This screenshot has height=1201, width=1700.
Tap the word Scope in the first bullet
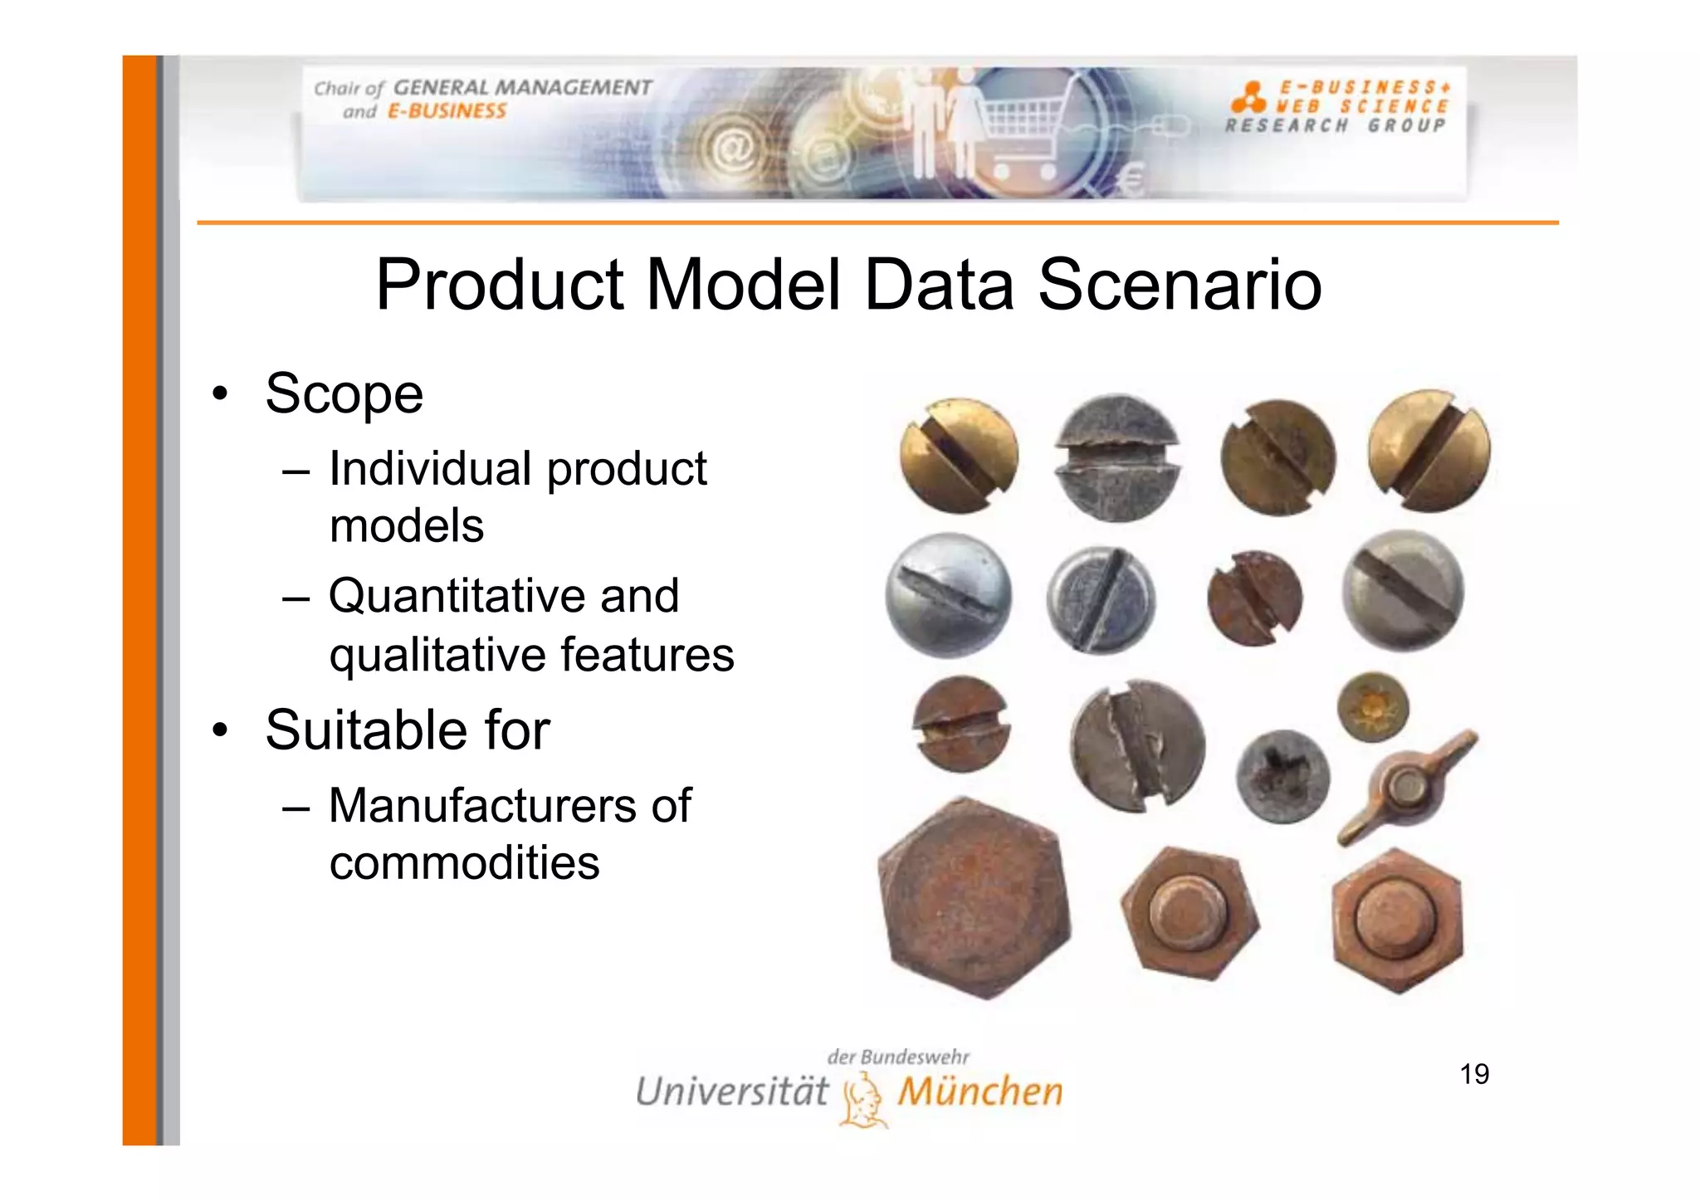pos(344,393)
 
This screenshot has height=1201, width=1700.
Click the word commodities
pos(464,863)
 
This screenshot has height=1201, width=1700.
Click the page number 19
pos(1474,1074)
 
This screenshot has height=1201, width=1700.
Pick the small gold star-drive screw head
pos(1373,707)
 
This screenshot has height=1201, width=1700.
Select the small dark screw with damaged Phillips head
pos(1282,777)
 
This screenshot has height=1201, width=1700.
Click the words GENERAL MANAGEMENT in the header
pos(522,87)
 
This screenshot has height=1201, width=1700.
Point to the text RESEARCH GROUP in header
pos(1336,126)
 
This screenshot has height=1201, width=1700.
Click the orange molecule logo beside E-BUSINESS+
pos(1248,98)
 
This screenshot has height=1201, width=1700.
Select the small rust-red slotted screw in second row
pos(1254,598)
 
